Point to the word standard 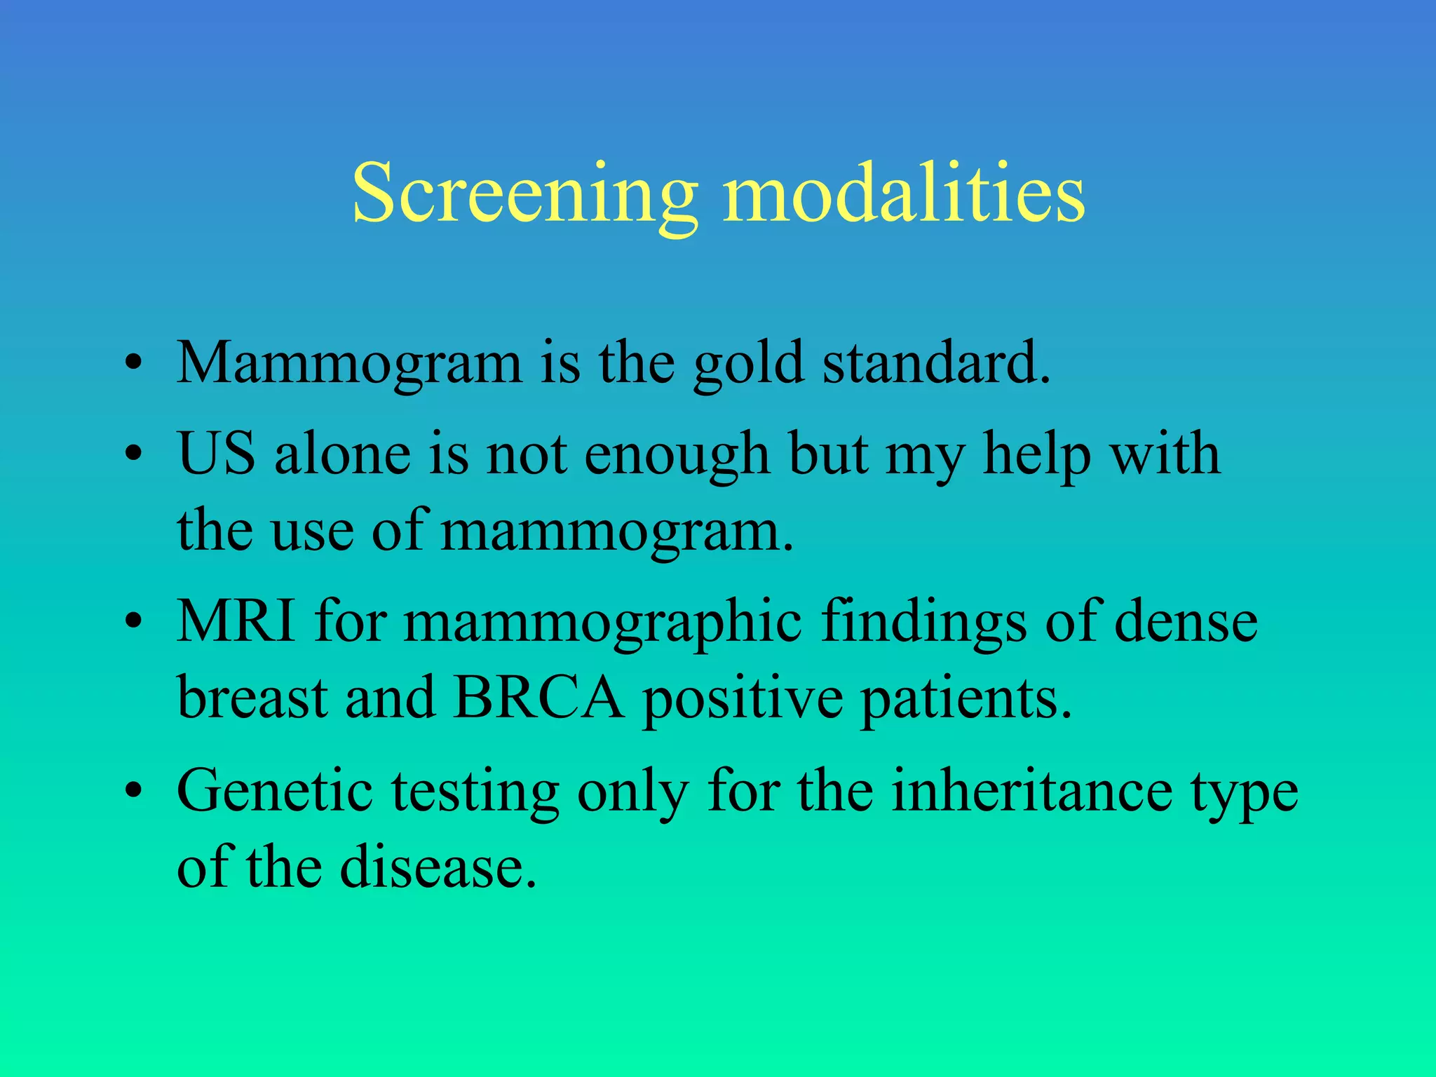point(935,363)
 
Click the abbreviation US point(216,454)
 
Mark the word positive point(743,700)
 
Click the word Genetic point(275,791)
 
